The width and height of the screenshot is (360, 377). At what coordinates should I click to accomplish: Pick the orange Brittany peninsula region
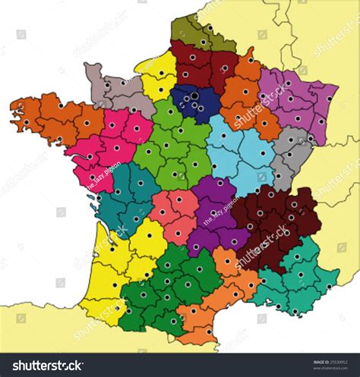click(49, 118)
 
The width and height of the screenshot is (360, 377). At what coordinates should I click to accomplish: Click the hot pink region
click(110, 144)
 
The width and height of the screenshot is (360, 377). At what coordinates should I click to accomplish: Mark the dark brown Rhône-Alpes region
click(277, 216)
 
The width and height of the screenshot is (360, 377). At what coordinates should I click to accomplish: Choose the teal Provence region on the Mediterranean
click(300, 281)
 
